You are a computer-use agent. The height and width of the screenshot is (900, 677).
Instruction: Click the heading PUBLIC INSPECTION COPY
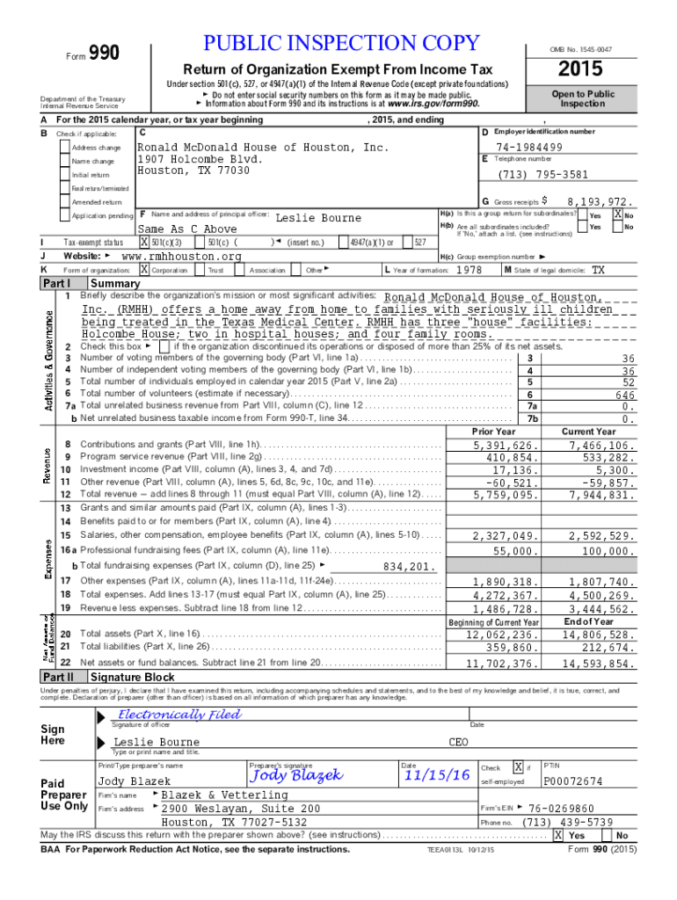coord(342,43)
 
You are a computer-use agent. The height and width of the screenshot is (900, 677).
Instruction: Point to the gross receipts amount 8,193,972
coord(600,201)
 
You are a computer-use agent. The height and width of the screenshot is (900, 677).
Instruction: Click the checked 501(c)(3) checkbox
coord(145,242)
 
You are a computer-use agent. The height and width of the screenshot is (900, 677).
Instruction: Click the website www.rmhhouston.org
coord(180,256)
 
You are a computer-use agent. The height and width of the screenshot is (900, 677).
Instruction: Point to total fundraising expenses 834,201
coord(405,566)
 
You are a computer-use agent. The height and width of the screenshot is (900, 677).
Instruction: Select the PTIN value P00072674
coord(573,781)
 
